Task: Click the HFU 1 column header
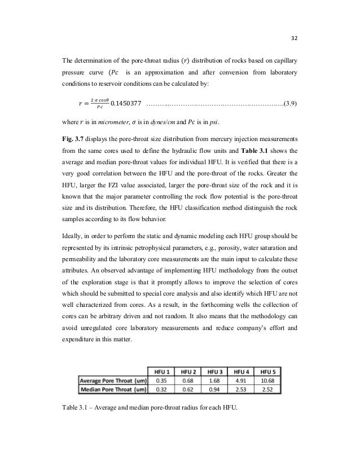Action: [x=163, y=370]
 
